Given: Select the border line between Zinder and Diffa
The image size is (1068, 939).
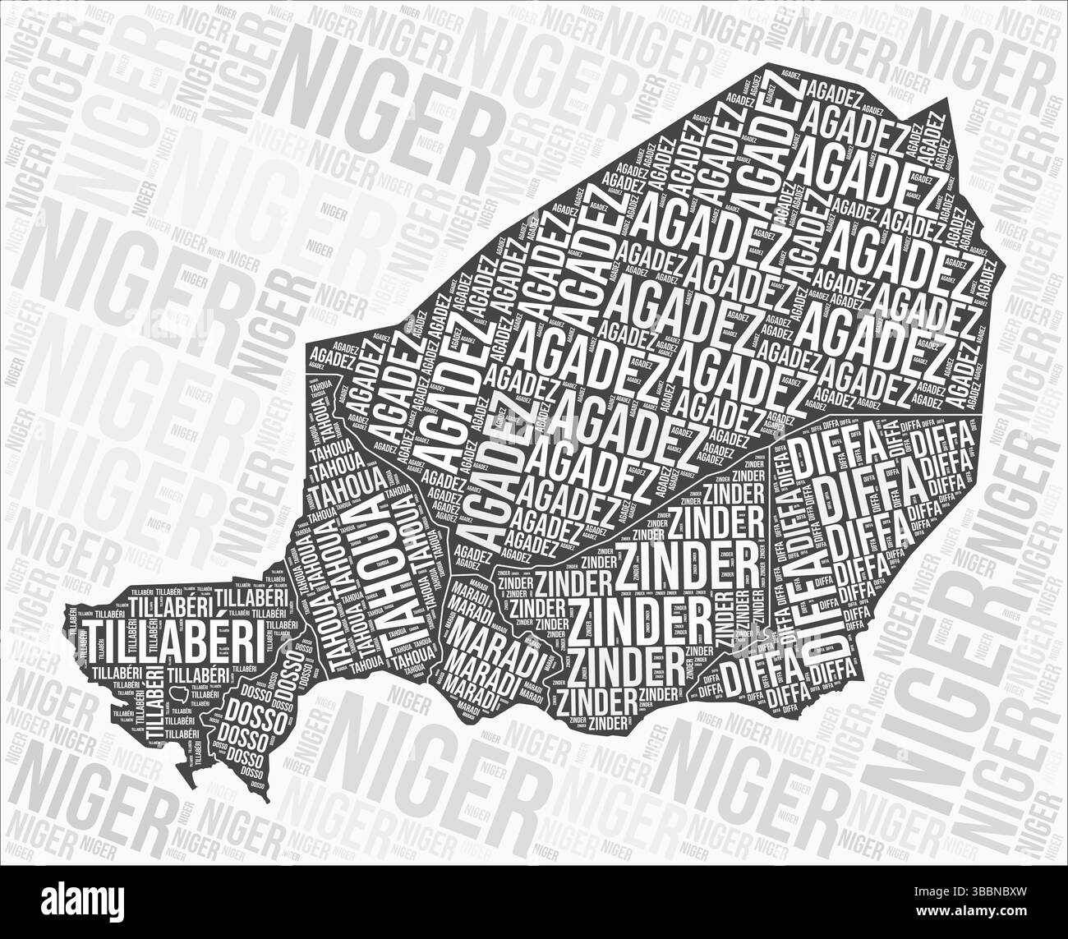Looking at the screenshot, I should (772, 526).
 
